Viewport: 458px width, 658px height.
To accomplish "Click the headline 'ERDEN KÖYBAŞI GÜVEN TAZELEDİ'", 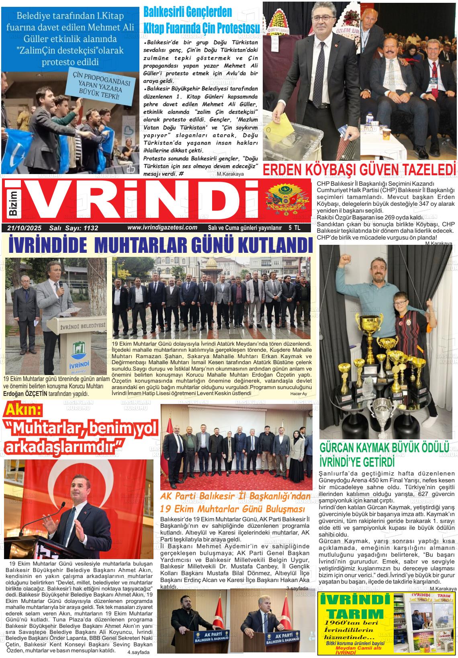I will (x=360, y=170).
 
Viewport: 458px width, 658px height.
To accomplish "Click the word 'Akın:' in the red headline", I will (x=23, y=410).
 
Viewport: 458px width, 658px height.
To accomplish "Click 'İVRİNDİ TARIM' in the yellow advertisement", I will (x=354, y=607).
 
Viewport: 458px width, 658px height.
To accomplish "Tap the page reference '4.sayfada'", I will (x=138, y=652).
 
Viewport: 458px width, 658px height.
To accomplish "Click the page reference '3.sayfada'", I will (x=297, y=588).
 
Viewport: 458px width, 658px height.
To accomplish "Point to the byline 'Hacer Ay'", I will (x=299, y=394).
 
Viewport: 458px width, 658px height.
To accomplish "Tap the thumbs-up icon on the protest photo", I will (x=131, y=168).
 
